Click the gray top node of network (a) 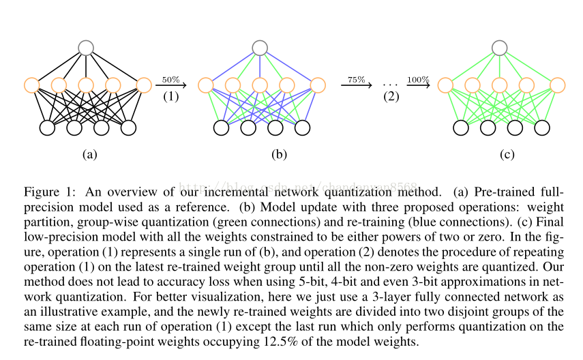(x=85, y=48)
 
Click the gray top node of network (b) (x=259, y=48)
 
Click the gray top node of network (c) (x=500, y=48)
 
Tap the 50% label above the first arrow (x=170, y=80)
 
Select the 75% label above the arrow (x=356, y=80)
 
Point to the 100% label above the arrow (x=418, y=80)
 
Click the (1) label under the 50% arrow (x=170, y=96)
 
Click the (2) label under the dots (x=391, y=96)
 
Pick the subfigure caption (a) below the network (x=89, y=154)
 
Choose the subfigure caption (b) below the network (x=278, y=154)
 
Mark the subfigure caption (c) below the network (x=507, y=154)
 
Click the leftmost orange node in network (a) (x=31, y=85)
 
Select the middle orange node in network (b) (x=259, y=85)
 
